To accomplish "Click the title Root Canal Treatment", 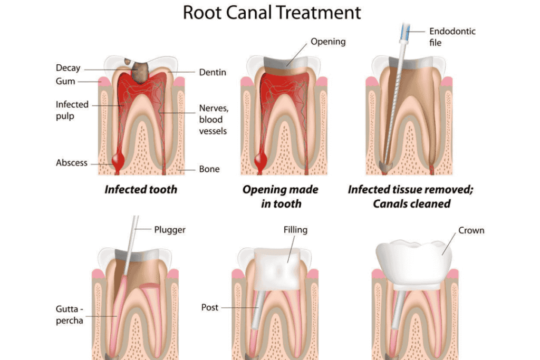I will pos(272,12).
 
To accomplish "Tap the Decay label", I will pos(68,68).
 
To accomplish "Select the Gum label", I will pos(65,82).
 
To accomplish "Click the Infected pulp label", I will pos(72,110).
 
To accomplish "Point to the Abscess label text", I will pos(72,163).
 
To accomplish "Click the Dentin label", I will pos(213,72).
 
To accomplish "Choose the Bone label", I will pos(209,169).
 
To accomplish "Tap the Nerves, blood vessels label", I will pos(213,119).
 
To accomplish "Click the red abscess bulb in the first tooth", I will pos(118,158).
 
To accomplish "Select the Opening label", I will pos(328,41).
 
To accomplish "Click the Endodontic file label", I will pos(452,36).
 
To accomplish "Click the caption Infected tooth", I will pos(140,189).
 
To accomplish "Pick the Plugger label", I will pos(170,230).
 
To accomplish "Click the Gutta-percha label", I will pos(70,314).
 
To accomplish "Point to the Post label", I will pos(209,307).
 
